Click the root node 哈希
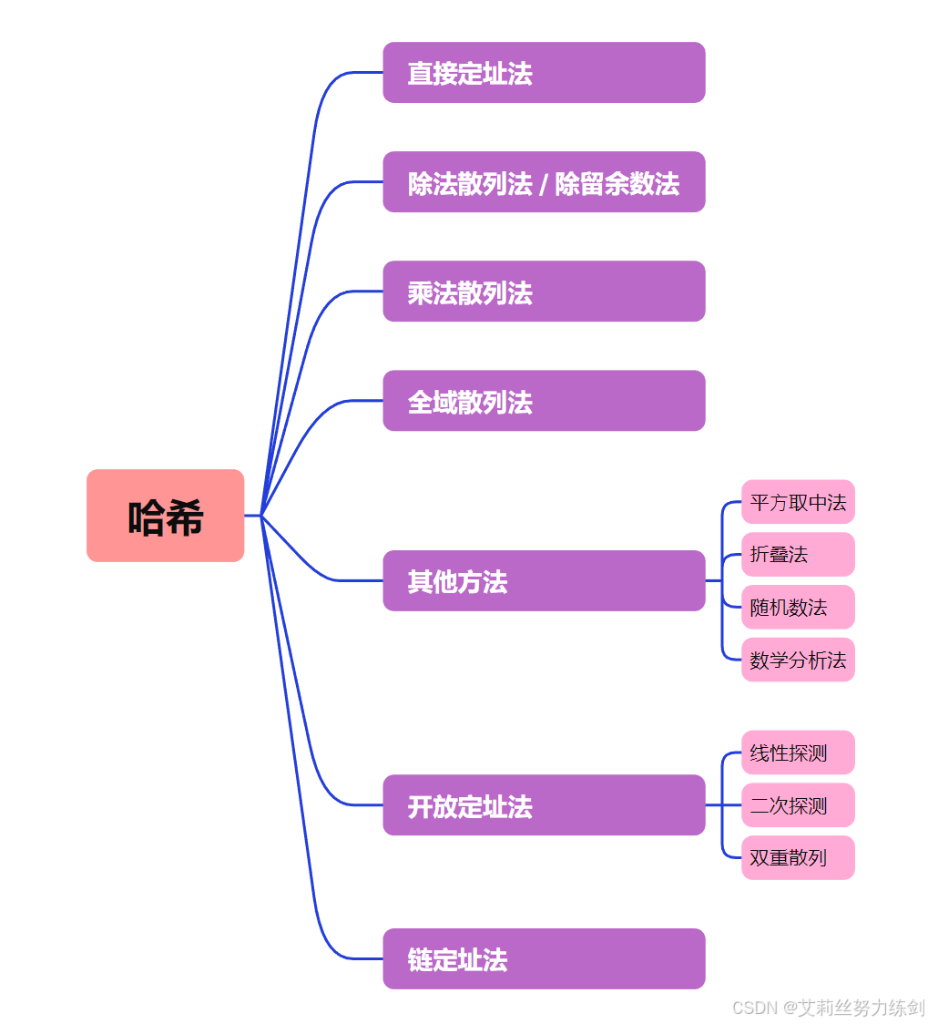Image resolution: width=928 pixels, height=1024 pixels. click(165, 516)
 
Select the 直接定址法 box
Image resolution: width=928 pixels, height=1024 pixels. click(544, 73)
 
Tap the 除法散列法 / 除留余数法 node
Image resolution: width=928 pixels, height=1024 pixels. click(544, 182)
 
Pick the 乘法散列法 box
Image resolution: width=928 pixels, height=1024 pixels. click(544, 292)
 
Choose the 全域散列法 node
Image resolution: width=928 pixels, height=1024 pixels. click(544, 401)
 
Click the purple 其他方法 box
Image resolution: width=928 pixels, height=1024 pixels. click(544, 580)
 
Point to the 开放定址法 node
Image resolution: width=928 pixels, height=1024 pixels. click(544, 805)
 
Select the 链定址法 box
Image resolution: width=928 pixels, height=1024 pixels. click(544, 958)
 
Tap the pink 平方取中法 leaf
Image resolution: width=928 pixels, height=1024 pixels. click(798, 502)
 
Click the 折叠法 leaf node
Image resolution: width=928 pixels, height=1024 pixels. click(798, 554)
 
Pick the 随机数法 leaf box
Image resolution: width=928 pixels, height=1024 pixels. click(798, 607)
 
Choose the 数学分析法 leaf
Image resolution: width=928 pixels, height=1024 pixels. click(798, 660)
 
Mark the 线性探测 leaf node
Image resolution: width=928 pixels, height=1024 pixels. click(798, 753)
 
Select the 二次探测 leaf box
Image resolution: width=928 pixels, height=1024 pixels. click(798, 805)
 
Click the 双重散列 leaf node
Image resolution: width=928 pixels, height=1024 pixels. click(798, 858)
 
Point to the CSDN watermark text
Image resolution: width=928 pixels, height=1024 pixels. click(828, 1008)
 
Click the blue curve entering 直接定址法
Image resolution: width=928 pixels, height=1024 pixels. click(351, 72)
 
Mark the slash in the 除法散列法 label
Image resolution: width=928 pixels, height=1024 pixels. click(544, 184)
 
